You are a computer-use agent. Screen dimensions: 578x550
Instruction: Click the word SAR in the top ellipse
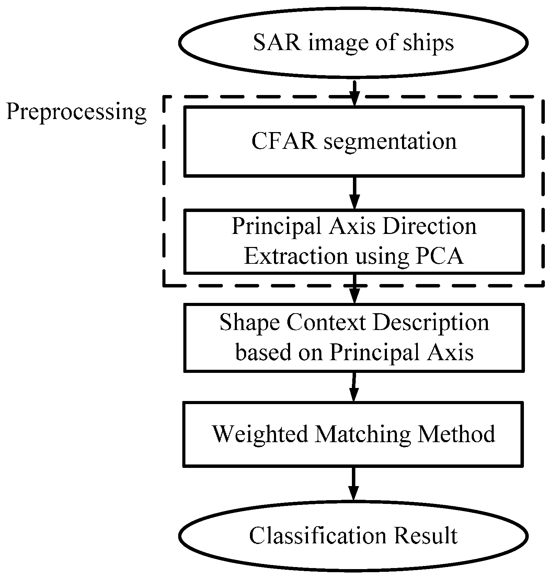point(277,43)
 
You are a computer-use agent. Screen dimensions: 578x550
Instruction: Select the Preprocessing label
point(76,113)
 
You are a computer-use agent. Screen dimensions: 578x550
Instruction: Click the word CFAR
point(284,141)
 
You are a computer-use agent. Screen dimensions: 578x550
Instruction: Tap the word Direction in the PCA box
point(429,226)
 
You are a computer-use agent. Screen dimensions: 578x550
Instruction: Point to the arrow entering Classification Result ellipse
point(353,484)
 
